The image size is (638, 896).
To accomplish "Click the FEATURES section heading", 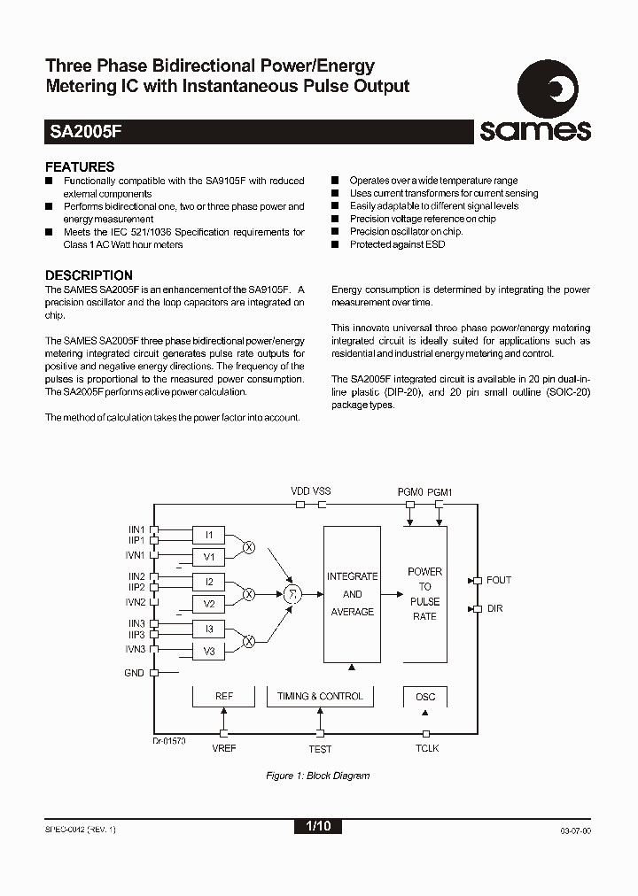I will [80, 166].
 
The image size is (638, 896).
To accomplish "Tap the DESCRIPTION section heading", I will [89, 275].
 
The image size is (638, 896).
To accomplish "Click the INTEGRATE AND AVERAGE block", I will [352, 594].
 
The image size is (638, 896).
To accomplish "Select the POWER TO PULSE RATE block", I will [424, 594].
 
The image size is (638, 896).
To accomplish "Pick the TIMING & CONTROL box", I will [320, 697].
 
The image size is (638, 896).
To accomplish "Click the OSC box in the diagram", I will [425, 697].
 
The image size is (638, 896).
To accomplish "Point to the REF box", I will [224, 697].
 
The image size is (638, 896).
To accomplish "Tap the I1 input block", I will [209, 535].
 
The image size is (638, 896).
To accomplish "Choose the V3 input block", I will [209, 652].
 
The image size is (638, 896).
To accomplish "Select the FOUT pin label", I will [499, 580].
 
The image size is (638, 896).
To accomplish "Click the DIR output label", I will [494, 609].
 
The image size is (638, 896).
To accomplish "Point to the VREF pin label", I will [224, 749].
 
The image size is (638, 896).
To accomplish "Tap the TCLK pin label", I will [427, 749].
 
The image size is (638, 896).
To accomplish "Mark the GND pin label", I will [135, 673].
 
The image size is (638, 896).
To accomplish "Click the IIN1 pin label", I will [136, 529].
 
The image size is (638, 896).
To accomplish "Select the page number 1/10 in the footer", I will [317, 827].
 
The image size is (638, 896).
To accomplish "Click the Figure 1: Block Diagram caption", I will [318, 776].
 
